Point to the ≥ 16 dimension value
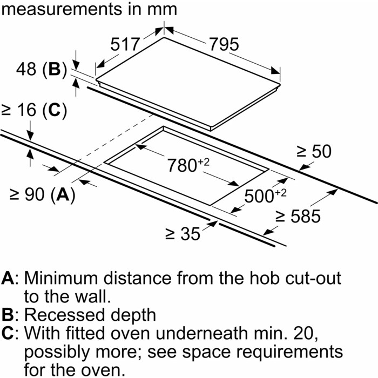tap(19, 110)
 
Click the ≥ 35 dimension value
tap(183, 234)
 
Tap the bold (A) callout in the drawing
tap(64, 195)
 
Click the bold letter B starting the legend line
tap(8, 314)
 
